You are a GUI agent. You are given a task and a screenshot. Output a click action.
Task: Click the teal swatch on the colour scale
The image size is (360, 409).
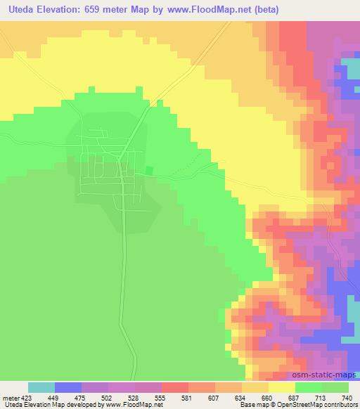tap(41, 387)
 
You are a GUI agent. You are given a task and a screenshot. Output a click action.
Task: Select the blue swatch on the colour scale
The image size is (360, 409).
tap(68, 387)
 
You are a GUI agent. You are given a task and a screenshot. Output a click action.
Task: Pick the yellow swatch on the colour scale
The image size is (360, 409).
tap(282, 387)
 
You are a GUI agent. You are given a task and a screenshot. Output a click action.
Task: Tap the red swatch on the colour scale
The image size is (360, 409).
tap(175, 387)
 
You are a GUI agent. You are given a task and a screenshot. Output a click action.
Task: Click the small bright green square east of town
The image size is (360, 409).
tap(149, 171)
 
